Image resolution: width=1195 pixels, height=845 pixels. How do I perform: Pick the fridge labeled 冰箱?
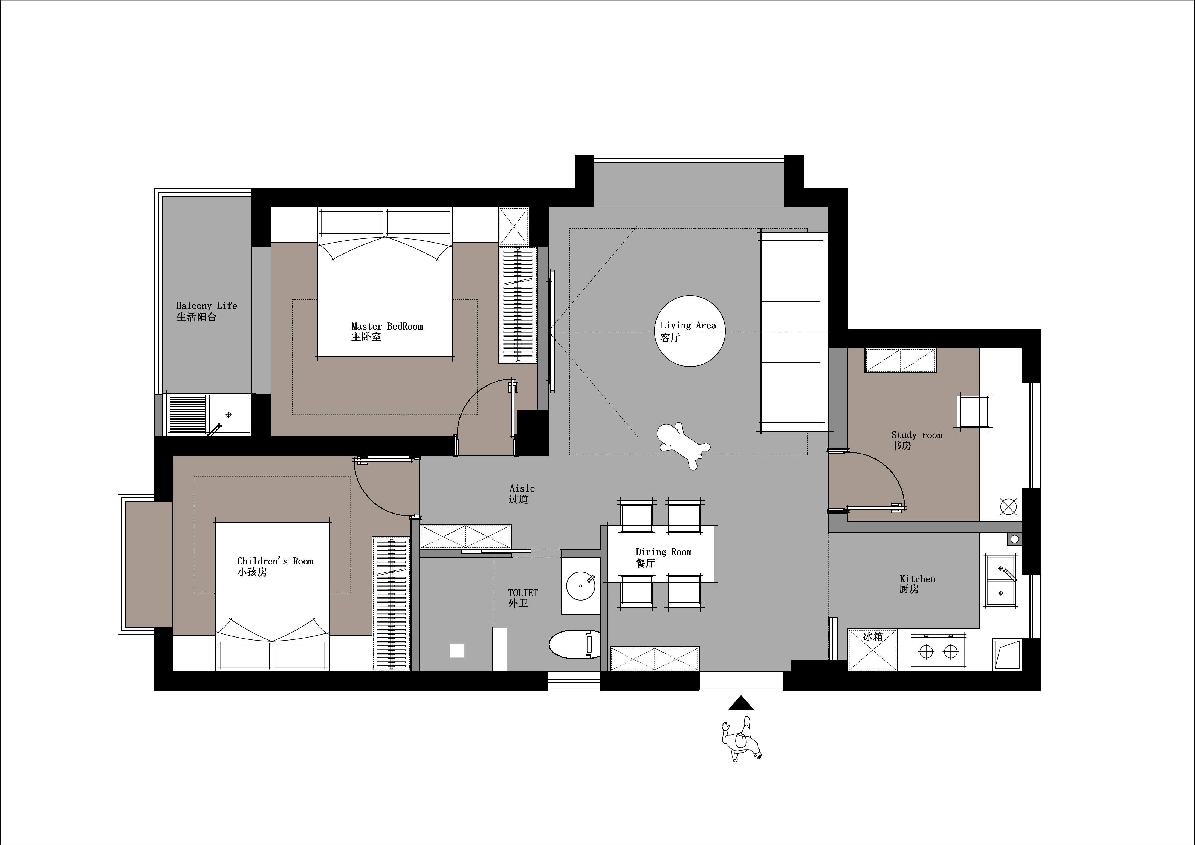click(873, 650)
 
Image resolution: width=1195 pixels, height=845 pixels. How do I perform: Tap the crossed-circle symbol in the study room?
click(1008, 506)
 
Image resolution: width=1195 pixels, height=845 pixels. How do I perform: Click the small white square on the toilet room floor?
click(456, 651)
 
